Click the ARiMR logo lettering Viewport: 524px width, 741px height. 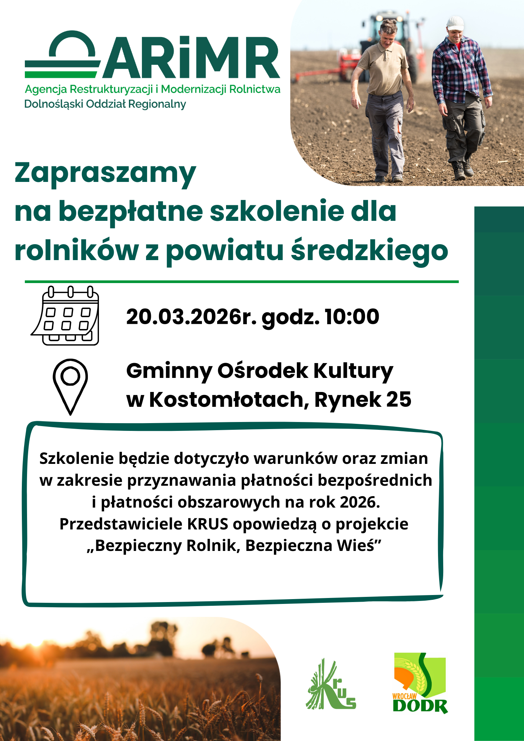[191, 57]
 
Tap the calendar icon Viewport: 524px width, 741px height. [65, 316]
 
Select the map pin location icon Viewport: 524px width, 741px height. [70, 386]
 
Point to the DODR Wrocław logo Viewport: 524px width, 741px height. [420, 684]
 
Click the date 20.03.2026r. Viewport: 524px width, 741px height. [191, 317]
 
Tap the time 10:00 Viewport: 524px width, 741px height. [352, 317]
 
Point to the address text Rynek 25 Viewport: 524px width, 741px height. [363, 399]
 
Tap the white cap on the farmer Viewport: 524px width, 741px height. [455, 23]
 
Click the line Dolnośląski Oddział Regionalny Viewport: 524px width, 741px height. [105, 104]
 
